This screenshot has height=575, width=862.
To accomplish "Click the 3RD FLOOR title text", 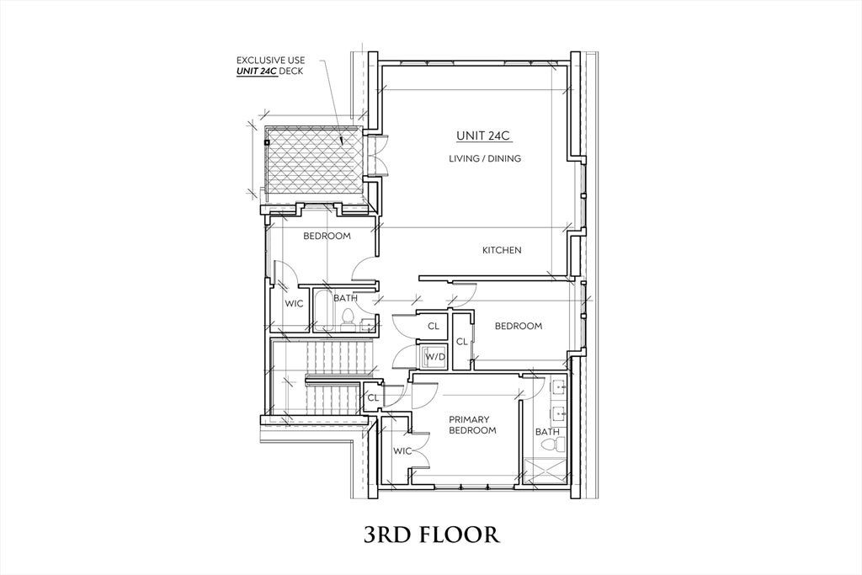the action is pyautogui.click(x=432, y=535).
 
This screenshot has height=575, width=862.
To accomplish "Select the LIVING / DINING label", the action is pyautogui.click(x=484, y=159).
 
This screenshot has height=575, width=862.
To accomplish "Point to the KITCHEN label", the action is pyautogui.click(x=502, y=250).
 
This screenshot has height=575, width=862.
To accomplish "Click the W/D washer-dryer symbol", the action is pyautogui.click(x=435, y=357).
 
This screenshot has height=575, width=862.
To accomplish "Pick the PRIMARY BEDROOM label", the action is pyautogui.click(x=472, y=425).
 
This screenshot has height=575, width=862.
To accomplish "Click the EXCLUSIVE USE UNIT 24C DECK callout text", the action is pyautogui.click(x=270, y=66).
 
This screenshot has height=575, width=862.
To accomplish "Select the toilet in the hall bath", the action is pyautogui.click(x=347, y=317).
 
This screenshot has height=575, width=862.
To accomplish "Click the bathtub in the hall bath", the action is pyautogui.click(x=324, y=311).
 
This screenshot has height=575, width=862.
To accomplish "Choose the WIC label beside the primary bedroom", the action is pyautogui.click(x=402, y=451).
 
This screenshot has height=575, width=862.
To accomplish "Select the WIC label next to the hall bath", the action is pyautogui.click(x=294, y=303).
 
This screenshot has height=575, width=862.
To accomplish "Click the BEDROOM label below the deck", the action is pyautogui.click(x=327, y=237).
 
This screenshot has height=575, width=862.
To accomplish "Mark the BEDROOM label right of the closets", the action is pyautogui.click(x=519, y=326).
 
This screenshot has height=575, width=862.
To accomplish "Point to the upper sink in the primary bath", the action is pyautogui.click(x=561, y=387).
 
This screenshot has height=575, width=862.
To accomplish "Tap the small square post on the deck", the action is pyautogui.click(x=267, y=141).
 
